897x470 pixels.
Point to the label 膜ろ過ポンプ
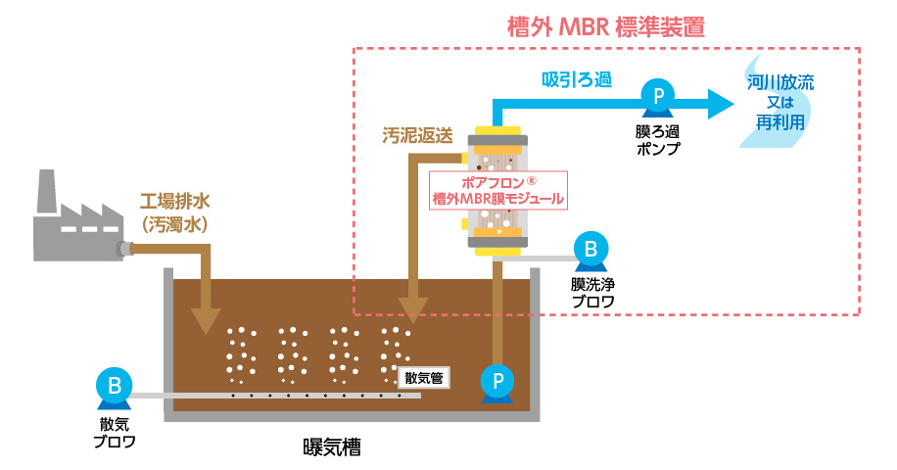click(658, 140)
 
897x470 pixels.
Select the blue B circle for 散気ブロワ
click(114, 385)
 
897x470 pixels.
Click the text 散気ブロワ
click(114, 432)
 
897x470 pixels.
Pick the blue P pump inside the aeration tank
click(498, 380)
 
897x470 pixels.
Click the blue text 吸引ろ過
click(578, 79)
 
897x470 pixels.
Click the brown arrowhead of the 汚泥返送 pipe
click(413, 309)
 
